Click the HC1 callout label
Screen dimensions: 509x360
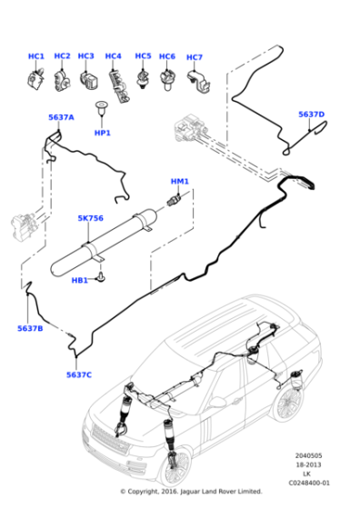click(x=35, y=56)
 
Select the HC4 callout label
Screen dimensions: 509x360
click(x=113, y=56)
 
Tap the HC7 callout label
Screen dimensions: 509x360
click(x=194, y=58)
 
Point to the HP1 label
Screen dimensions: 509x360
click(x=103, y=133)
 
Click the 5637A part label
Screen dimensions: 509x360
click(x=61, y=117)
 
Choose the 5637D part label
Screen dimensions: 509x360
click(x=311, y=115)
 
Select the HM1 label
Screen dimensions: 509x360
click(x=180, y=181)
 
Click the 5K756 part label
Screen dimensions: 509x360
click(x=90, y=218)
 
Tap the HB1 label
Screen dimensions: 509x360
click(x=80, y=280)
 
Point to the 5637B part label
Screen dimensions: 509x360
click(x=30, y=327)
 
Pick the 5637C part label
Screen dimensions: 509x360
click(x=79, y=374)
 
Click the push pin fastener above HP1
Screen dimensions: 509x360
click(x=102, y=115)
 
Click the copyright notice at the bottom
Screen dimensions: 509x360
click(x=191, y=492)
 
